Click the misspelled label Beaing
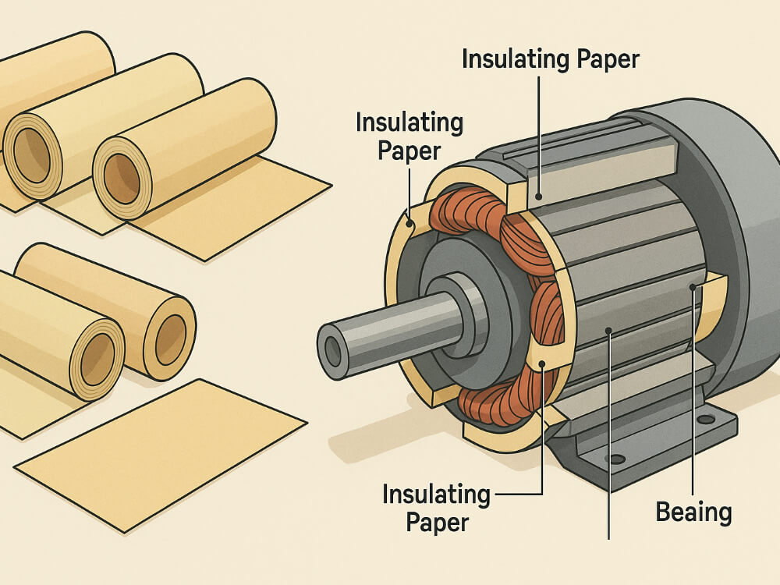(x=693, y=512)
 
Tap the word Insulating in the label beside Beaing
(x=436, y=495)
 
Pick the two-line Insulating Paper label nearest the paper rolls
(x=409, y=136)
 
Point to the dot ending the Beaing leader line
(x=692, y=287)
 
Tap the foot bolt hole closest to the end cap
(x=706, y=420)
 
